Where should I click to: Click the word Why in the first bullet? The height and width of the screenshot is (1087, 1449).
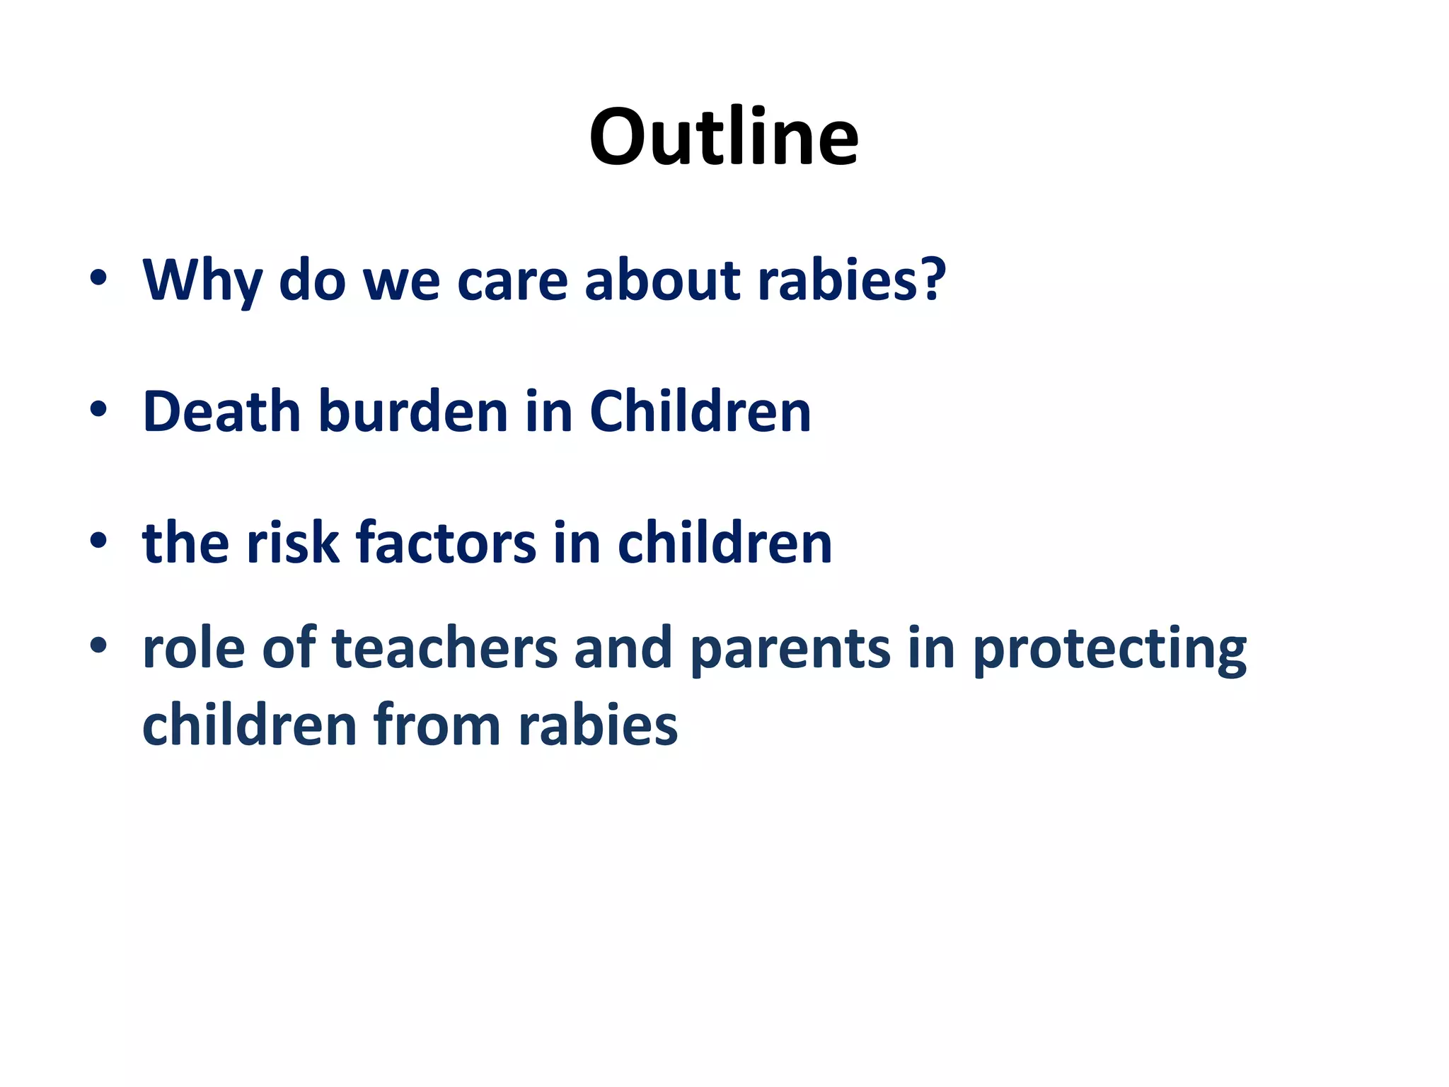tap(202, 280)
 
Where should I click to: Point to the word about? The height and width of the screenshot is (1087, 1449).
tap(662, 280)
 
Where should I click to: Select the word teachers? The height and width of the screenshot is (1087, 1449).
tap(444, 648)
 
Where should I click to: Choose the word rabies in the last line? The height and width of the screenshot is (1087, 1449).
tap(598, 725)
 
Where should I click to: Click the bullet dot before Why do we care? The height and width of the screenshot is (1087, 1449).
tap(98, 278)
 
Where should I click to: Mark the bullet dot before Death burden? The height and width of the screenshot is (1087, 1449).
tap(98, 410)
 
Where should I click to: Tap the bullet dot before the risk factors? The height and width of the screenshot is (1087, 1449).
tap(98, 541)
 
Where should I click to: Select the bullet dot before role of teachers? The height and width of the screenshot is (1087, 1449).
tap(98, 645)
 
